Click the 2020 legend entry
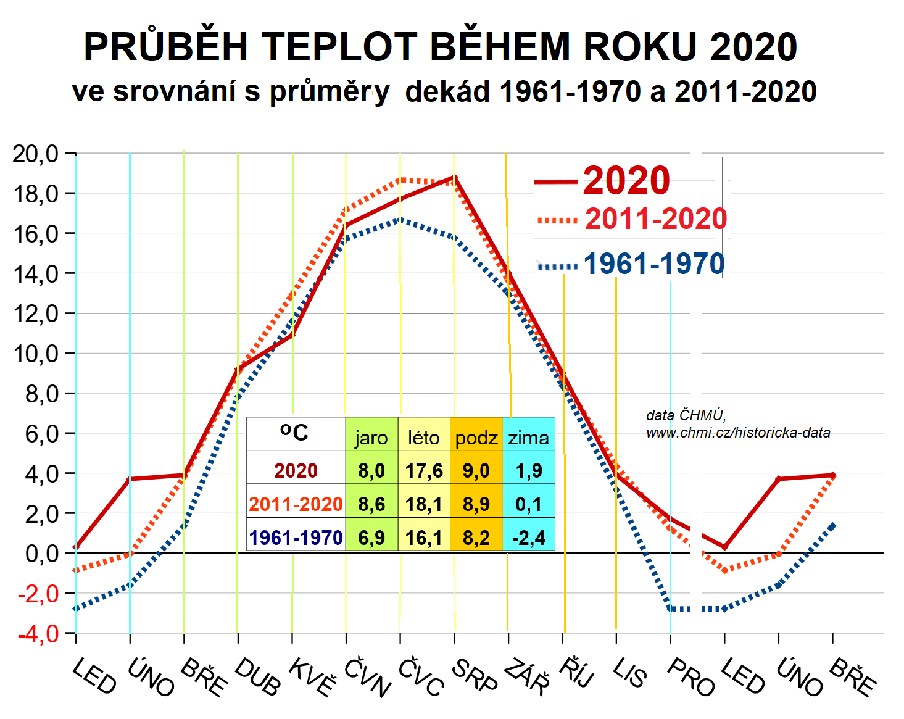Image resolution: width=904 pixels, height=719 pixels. pyautogui.click(x=626, y=180)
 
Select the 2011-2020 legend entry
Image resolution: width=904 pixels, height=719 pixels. pyautogui.click(x=655, y=219)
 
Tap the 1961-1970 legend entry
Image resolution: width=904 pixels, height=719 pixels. pyautogui.click(x=653, y=264)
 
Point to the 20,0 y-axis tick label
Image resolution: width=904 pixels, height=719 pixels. pyautogui.click(x=35, y=154)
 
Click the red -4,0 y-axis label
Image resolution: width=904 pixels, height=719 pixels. pyautogui.click(x=38, y=634)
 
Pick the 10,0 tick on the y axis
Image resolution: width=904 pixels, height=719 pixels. pyautogui.click(x=35, y=354)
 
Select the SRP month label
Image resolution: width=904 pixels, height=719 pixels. pyautogui.click(x=474, y=675)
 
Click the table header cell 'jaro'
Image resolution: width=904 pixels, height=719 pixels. pyautogui.click(x=371, y=438)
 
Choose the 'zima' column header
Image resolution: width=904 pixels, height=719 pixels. pyautogui.click(x=529, y=438)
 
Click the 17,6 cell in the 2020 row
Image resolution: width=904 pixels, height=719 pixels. pyautogui.click(x=424, y=471)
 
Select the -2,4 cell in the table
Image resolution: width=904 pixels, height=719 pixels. pyautogui.click(x=529, y=538)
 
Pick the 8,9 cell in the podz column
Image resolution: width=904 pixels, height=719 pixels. pyautogui.click(x=476, y=504)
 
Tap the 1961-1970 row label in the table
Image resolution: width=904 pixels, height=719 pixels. pyautogui.click(x=296, y=538)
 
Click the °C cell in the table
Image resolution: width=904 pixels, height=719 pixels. pyautogui.click(x=294, y=432)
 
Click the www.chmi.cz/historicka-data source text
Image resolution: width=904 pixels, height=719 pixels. pyautogui.click(x=738, y=433)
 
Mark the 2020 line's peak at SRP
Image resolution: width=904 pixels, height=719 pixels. pyautogui.click(x=455, y=177)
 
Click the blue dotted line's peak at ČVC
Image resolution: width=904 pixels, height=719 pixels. pyautogui.click(x=400, y=219)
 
